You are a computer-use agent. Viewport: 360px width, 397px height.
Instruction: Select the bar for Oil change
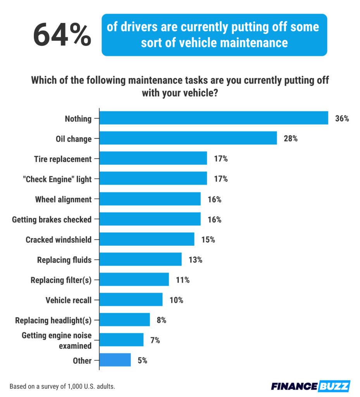pyautogui.click(x=188, y=138)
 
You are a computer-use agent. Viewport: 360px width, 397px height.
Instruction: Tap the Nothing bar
pyautogui.click(x=214, y=118)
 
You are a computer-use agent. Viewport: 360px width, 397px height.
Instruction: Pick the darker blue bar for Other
pyautogui.click(x=115, y=360)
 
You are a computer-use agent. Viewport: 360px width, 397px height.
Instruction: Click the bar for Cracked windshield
pyautogui.click(x=147, y=239)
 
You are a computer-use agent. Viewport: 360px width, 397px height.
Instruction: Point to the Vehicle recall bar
pyautogui.click(x=131, y=300)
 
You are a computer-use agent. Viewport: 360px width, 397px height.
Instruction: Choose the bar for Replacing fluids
pyautogui.click(x=141, y=259)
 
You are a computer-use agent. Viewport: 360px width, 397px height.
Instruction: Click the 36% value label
pyautogui.click(x=342, y=118)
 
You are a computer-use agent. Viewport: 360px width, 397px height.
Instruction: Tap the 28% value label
pyautogui.click(x=290, y=138)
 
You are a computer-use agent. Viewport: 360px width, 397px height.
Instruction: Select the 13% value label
pyautogui.click(x=195, y=259)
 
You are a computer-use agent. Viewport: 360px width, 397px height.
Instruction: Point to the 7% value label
pyautogui.click(x=155, y=340)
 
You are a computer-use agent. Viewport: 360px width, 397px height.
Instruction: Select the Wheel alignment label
pyautogui.click(x=64, y=199)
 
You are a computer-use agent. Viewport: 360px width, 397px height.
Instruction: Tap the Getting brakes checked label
pyautogui.click(x=52, y=219)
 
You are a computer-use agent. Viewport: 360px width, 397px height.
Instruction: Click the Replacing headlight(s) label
pyautogui.click(x=53, y=320)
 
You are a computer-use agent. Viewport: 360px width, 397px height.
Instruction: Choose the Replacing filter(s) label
pyautogui.click(x=61, y=280)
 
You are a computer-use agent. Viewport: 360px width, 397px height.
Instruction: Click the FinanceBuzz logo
pyautogui.click(x=310, y=386)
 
